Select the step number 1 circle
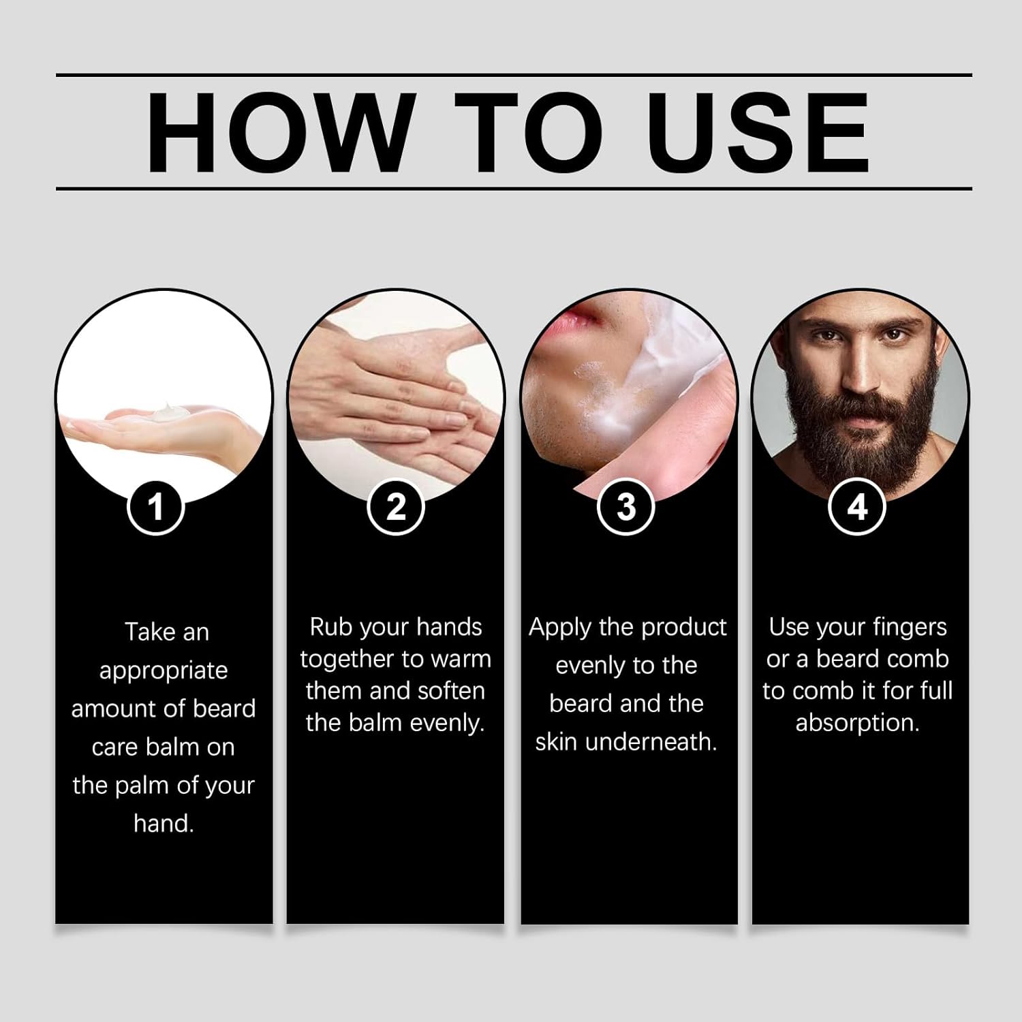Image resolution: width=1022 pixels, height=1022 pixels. tap(156, 507)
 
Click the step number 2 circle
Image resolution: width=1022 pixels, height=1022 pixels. tap(396, 507)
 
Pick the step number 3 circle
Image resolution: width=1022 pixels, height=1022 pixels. tap(626, 507)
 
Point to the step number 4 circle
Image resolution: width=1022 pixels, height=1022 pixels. tap(857, 507)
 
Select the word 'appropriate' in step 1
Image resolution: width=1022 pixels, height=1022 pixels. tap(164, 671)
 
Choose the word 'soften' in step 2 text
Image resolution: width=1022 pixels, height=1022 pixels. tap(451, 691)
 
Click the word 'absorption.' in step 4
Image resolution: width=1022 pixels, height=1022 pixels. tap(857, 723)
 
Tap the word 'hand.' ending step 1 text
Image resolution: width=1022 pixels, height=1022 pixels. tap(164, 824)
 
